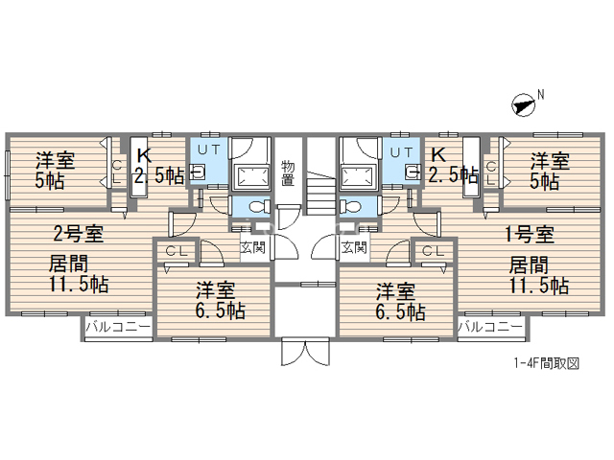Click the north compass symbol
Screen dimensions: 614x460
[524, 105]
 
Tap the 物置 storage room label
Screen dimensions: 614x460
[288, 173]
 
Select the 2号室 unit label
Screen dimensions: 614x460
[78, 234]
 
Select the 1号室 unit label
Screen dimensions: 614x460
[530, 235]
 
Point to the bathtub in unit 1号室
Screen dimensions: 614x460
[359, 178]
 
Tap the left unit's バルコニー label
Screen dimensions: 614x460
[118, 327]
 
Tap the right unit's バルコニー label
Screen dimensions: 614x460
[490, 326]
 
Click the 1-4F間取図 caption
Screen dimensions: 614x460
[547, 364]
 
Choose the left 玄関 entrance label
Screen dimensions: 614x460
[252, 247]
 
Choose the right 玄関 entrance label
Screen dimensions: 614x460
[354, 247]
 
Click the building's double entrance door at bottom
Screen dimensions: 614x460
[305, 352]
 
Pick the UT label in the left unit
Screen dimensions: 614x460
[209, 149]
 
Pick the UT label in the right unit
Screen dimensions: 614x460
[401, 152]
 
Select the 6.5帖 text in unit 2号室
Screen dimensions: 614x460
[221, 311]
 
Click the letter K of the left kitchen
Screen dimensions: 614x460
[144, 155]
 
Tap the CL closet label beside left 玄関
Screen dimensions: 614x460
[177, 251]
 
